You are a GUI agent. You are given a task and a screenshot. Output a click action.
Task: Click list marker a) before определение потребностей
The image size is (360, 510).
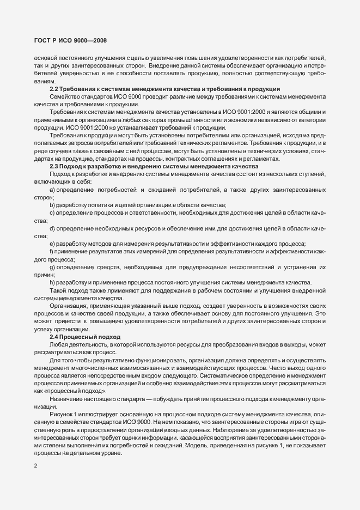pyautogui.click(x=52, y=189)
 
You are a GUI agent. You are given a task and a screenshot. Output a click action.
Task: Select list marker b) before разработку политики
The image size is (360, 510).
pyautogui.click(x=52, y=204)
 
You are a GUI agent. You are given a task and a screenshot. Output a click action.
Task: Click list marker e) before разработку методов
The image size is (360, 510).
pyautogui.click(x=52, y=243)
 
